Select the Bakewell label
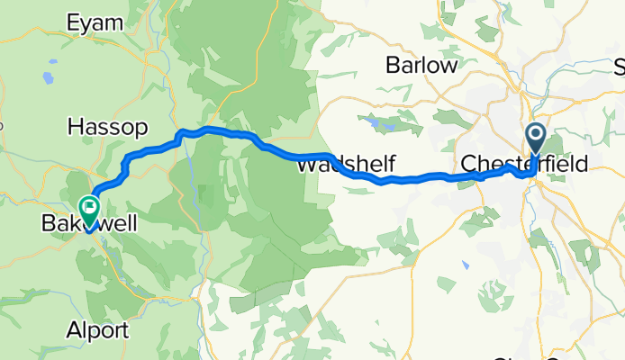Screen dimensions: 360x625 coord(89,222)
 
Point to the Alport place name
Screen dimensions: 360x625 coord(103,329)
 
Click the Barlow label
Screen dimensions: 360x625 coord(417,65)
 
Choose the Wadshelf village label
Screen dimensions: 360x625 coord(334,166)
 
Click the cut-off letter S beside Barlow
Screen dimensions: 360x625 coord(620,67)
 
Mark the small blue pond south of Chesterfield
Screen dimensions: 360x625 coord(465,265)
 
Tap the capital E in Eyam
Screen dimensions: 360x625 coord(74,23)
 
